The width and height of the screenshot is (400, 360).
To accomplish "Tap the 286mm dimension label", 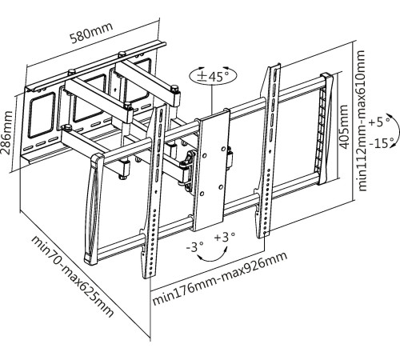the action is click(x=7, y=133).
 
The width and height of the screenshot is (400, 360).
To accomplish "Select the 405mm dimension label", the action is click(x=344, y=127).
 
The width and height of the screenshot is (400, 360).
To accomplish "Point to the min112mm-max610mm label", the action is click(x=362, y=120).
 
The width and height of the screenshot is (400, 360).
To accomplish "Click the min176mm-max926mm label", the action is click(x=219, y=278).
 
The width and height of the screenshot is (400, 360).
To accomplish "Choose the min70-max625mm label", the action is click(x=72, y=276).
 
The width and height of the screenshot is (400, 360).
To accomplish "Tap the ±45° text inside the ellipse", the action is click(x=213, y=77).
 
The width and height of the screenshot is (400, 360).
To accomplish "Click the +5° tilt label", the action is click(x=379, y=122).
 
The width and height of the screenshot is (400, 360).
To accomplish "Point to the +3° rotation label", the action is click(x=225, y=237).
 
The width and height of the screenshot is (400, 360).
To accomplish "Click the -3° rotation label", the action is click(x=195, y=246).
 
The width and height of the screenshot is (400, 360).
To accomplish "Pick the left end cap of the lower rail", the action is click(x=93, y=209).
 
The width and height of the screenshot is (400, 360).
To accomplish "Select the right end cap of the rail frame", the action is click(x=326, y=129).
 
